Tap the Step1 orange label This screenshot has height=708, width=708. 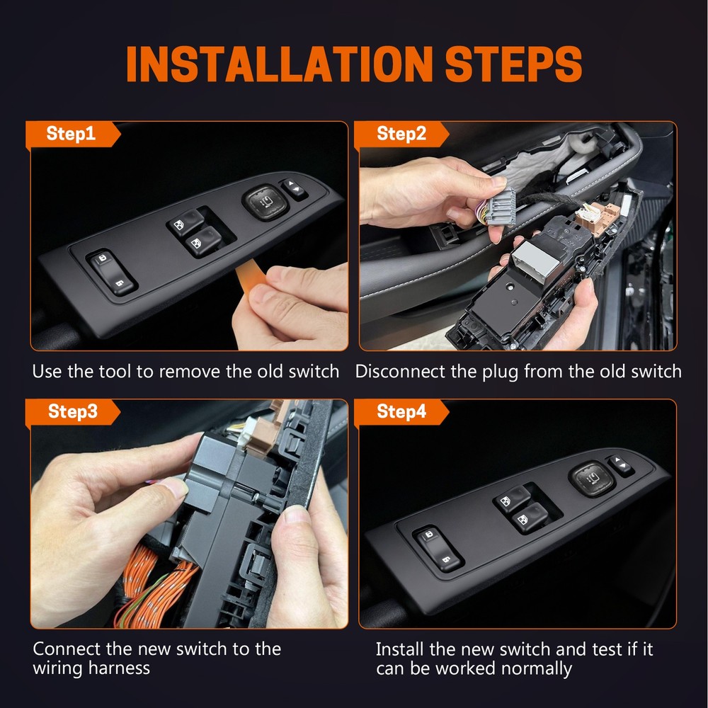pos(71,134)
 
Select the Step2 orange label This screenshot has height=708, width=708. pos(401,134)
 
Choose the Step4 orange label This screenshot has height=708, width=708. pos(401,412)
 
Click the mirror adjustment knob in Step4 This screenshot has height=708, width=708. pos(591,478)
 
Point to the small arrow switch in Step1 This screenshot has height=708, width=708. pos(293,189)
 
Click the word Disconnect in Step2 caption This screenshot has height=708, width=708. pos(401,371)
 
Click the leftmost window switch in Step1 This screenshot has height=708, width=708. pos(112,273)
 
